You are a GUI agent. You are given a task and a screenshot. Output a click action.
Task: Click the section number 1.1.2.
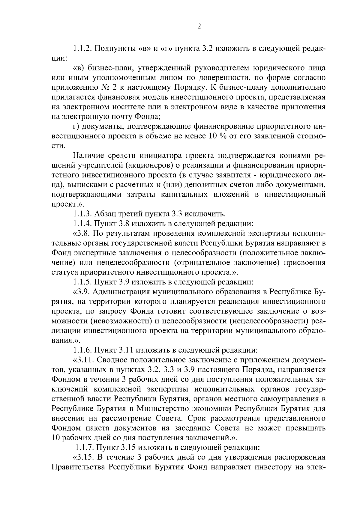pyautogui.click(x=82, y=49)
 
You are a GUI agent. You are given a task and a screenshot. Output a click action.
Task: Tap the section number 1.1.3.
pyautogui.click(x=82, y=214)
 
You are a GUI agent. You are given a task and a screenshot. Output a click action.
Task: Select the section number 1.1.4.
pyautogui.click(x=82, y=224)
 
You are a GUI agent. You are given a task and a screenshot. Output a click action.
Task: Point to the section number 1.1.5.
pyautogui.click(x=82, y=282)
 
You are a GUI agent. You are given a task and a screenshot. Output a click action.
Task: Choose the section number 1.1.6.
pyautogui.click(x=82, y=350)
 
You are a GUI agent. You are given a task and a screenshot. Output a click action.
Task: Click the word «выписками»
pyautogui.click(x=79, y=185)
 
